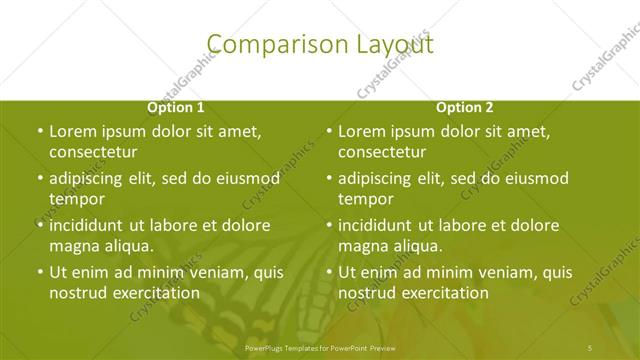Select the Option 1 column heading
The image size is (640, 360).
(x=176, y=107)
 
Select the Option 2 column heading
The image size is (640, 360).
(x=464, y=107)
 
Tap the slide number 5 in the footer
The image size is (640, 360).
(x=590, y=347)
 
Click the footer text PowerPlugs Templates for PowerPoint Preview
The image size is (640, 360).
(x=320, y=347)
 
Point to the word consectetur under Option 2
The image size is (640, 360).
(x=382, y=153)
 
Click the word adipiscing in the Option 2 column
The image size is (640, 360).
(x=381, y=179)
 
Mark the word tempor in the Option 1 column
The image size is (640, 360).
(x=77, y=199)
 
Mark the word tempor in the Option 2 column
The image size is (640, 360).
(x=366, y=199)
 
